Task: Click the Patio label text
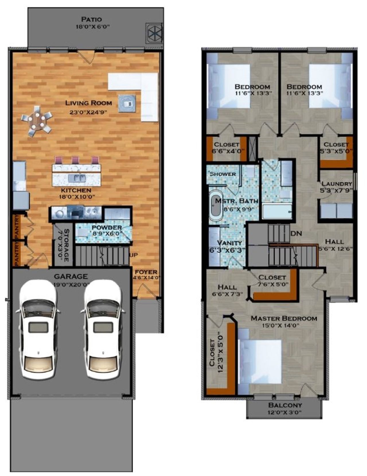[91, 20]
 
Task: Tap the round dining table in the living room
[37, 120]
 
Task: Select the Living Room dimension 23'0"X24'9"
[88, 113]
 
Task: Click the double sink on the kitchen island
[77, 178]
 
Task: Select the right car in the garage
[103, 329]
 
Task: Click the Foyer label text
[146, 272]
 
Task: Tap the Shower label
[223, 174]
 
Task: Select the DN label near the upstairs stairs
[296, 233]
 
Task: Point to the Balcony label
[285, 405]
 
